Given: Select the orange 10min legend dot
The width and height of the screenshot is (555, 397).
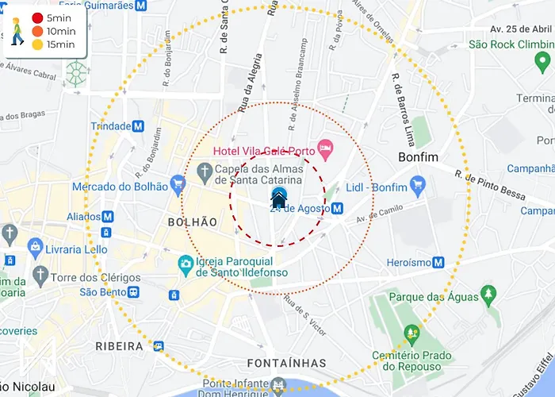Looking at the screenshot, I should tap(37, 31).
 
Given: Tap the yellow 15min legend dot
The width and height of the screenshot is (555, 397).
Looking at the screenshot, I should tap(37, 44).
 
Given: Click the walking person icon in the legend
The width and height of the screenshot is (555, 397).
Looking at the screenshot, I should tap(17, 31).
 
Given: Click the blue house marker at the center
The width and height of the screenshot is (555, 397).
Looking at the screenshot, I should tap(278, 197).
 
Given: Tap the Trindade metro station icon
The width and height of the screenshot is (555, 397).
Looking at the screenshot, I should tap(138, 126).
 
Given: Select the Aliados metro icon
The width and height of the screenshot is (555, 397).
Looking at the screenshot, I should tap(108, 217).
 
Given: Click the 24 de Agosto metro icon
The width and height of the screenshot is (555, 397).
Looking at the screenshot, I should tap(338, 208).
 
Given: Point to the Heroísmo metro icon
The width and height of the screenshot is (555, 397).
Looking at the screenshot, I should tap(438, 263).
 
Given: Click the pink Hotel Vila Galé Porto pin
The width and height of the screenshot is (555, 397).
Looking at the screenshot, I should tap(324, 148).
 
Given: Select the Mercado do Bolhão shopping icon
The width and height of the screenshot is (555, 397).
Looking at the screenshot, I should tap(178, 187).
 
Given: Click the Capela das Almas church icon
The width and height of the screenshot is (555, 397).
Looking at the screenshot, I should tap(204, 171).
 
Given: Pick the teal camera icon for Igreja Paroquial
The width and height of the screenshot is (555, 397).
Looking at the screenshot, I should tap(186, 262).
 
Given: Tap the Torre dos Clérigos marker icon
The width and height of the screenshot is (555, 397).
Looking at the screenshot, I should tap(40, 276).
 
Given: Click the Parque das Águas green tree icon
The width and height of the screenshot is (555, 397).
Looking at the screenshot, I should tap(489, 296).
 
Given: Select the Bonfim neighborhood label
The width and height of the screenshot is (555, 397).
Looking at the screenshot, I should tap(417, 157).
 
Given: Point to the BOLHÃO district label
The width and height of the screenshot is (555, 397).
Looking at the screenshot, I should tap(192, 222).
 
